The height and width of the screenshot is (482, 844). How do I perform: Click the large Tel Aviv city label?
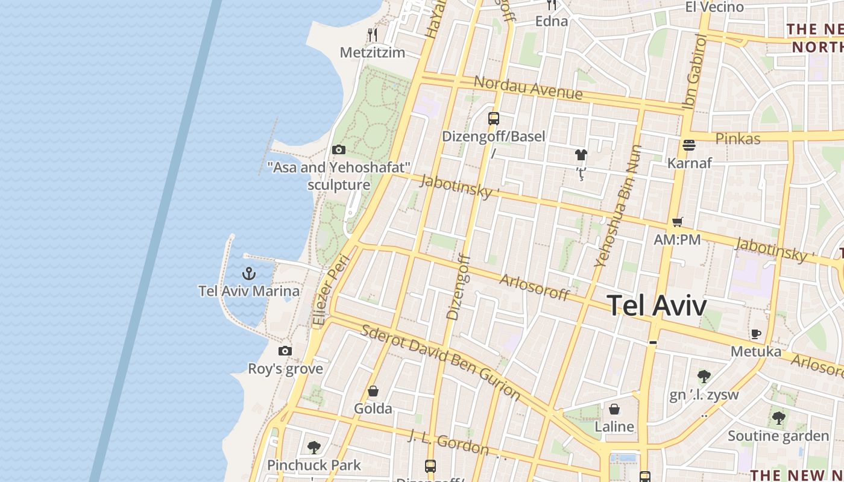[x=656, y=305]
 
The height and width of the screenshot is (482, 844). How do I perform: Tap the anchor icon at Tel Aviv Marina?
[x=249, y=274]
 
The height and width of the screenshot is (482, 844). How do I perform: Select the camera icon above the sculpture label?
[x=339, y=150]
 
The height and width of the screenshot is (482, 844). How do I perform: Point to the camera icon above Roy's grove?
[x=285, y=351]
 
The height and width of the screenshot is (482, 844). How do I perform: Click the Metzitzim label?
[x=372, y=52]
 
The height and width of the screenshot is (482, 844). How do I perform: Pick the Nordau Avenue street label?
[x=528, y=88]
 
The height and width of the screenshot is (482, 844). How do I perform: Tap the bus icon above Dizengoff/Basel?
[x=494, y=119]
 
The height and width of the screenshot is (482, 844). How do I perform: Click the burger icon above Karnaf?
[x=689, y=145]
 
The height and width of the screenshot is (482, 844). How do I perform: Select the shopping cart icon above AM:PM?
[x=678, y=222]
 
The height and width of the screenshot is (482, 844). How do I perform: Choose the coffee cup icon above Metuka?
[x=756, y=334]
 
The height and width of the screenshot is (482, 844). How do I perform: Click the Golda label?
[x=373, y=408]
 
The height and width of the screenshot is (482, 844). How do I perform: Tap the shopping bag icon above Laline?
[x=614, y=410]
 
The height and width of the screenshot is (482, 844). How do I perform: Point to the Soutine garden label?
[x=778, y=436]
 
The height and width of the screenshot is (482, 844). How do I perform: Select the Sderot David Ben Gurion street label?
[x=441, y=361]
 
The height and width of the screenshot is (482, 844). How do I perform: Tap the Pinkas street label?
[x=737, y=139]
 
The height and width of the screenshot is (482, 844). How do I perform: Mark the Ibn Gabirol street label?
[x=694, y=72]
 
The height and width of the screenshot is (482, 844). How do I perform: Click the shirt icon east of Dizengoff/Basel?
[x=581, y=155]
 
